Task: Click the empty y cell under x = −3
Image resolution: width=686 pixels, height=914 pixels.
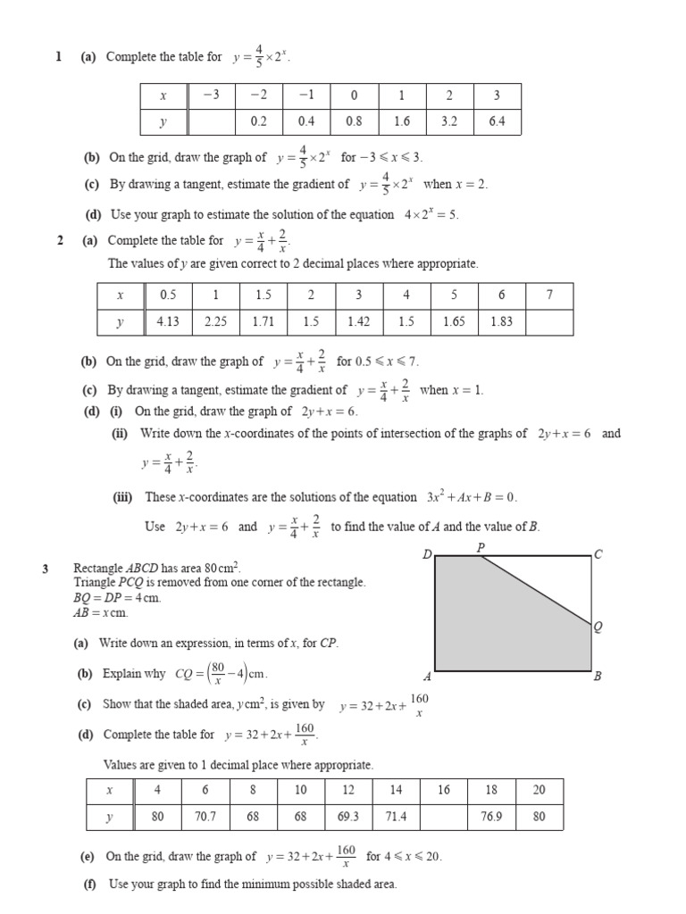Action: pos(211,121)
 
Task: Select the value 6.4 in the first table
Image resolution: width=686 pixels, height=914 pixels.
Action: pos(497,121)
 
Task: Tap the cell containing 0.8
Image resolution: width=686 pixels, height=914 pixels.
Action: pos(354,121)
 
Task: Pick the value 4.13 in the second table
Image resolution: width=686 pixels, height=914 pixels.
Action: pos(168,322)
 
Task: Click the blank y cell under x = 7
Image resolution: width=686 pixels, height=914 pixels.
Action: pos(549,322)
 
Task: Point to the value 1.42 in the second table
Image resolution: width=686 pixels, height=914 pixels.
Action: pos(358,322)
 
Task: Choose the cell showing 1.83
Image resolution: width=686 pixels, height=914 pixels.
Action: pos(501,322)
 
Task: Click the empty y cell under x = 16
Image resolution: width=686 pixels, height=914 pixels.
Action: pos(444,816)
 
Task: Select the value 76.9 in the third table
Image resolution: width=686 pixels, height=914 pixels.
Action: pos(491,816)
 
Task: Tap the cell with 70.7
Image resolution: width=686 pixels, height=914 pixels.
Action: pos(205,816)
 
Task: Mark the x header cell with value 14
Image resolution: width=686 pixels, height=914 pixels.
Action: pos(397,790)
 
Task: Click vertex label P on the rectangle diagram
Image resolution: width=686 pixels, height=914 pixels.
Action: pos(481,547)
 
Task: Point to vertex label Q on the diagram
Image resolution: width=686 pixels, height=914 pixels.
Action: pos(598,627)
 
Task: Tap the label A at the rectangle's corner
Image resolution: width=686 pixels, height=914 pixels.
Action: pos(427,677)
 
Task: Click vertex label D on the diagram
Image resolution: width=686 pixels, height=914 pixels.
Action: pos(427,554)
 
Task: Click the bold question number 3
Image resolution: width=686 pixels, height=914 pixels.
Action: pos(45,568)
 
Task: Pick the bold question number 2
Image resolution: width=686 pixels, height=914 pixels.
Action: pos(60,240)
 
